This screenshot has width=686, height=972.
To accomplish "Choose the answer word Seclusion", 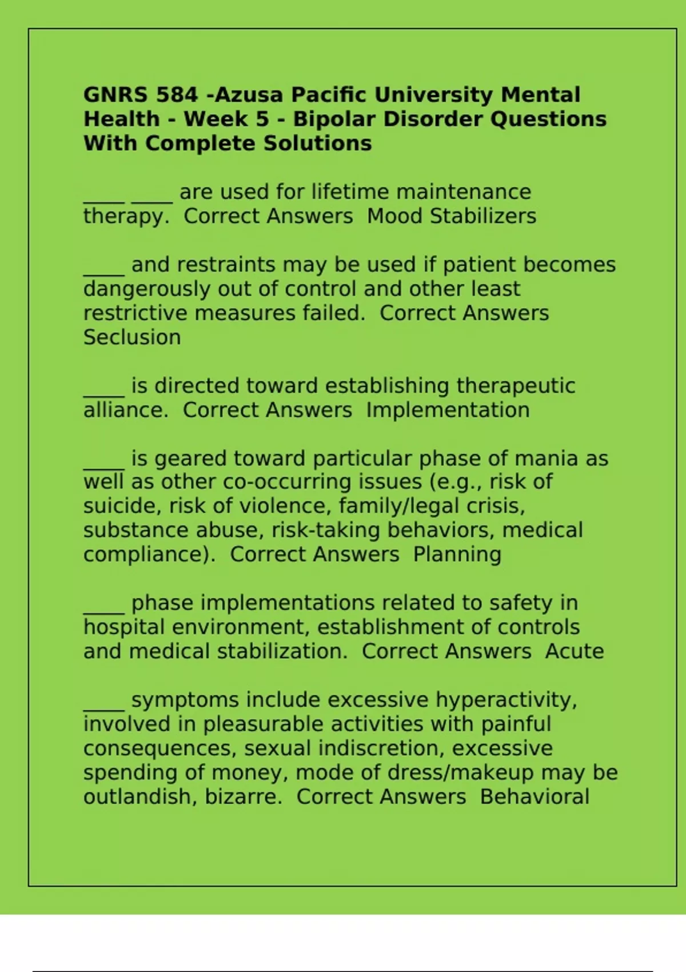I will click(132, 337).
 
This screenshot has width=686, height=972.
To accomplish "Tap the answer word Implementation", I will click(448, 410).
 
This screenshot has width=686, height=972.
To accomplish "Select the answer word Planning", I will click(457, 555).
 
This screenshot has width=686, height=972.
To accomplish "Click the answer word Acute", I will click(575, 651).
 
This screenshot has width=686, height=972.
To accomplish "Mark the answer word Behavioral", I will click(535, 796).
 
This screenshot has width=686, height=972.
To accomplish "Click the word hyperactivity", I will click(506, 700).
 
